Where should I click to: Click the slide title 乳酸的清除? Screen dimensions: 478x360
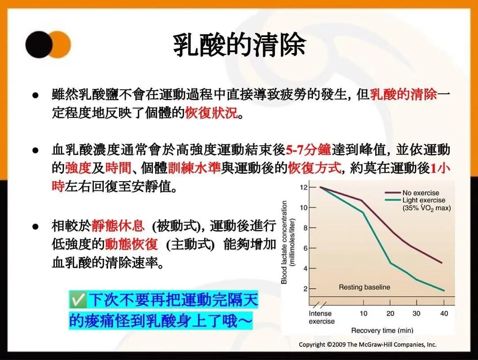(239, 45)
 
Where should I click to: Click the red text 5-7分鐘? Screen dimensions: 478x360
(309, 149)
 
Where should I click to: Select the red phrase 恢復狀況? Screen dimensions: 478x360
(211, 113)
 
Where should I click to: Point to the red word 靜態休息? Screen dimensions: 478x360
(118, 226)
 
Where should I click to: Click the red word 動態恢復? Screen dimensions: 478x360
(132, 244)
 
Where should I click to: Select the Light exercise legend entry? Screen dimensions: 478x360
(418, 204)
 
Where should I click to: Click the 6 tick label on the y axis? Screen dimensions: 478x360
(305, 248)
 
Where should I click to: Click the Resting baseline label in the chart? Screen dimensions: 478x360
(364, 287)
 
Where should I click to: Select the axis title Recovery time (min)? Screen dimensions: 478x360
(382, 330)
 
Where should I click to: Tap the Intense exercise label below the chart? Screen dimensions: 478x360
(322, 317)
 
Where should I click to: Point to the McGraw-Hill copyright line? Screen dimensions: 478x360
(368, 345)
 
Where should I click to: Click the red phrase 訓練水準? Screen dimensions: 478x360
(194, 168)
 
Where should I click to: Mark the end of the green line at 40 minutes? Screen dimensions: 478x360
(444, 291)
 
